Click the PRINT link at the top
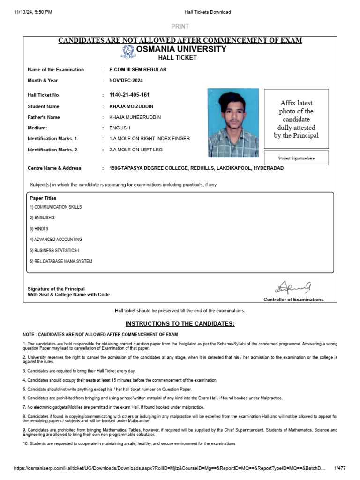coord(180,27)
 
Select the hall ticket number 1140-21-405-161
coord(129,95)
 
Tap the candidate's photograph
coord(232,123)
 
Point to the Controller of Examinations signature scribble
coord(293,286)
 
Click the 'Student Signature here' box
coord(296,158)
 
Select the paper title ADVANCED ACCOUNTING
coord(56,239)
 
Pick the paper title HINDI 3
coord(39,228)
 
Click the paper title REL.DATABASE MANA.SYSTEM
coord(61,261)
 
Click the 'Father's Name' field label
coord(44,117)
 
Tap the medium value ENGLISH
coord(120,127)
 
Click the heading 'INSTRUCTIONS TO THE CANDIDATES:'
coord(180,324)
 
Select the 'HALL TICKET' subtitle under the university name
coord(180,58)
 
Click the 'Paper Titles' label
coord(43,198)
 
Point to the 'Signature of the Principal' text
coord(56,289)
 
